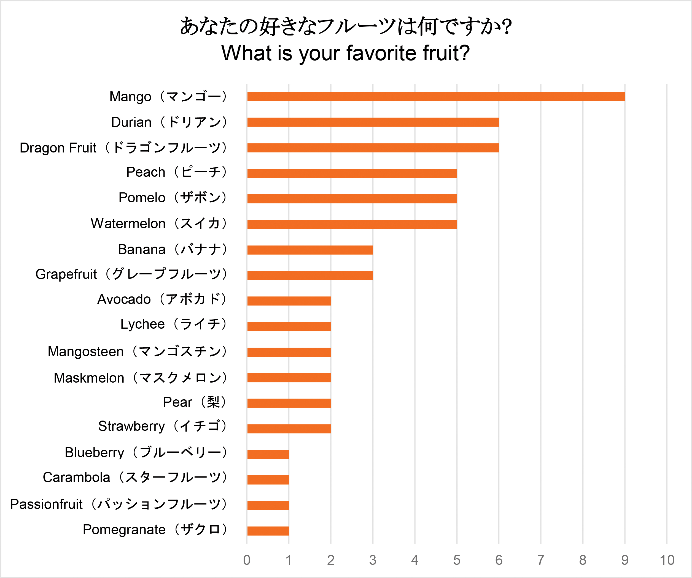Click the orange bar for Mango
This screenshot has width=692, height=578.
[x=436, y=97]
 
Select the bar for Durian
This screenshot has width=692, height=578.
[x=373, y=122]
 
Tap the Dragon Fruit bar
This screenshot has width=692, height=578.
[x=373, y=148]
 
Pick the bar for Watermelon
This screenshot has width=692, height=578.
[x=352, y=224]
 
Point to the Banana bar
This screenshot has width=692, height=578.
[x=310, y=250]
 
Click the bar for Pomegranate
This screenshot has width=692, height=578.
[x=268, y=531]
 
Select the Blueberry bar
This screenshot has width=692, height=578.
[x=268, y=454]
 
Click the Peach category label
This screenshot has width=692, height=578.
[x=177, y=172]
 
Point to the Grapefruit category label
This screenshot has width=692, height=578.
[x=131, y=274]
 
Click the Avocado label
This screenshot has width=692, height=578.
[x=162, y=299]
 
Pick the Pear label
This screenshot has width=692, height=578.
[x=194, y=402]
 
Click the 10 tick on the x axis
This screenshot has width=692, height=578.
[x=667, y=560]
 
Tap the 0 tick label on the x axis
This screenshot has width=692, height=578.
[x=247, y=560]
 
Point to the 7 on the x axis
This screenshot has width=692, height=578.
[x=541, y=560]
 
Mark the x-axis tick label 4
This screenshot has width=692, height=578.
[x=414, y=560]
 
